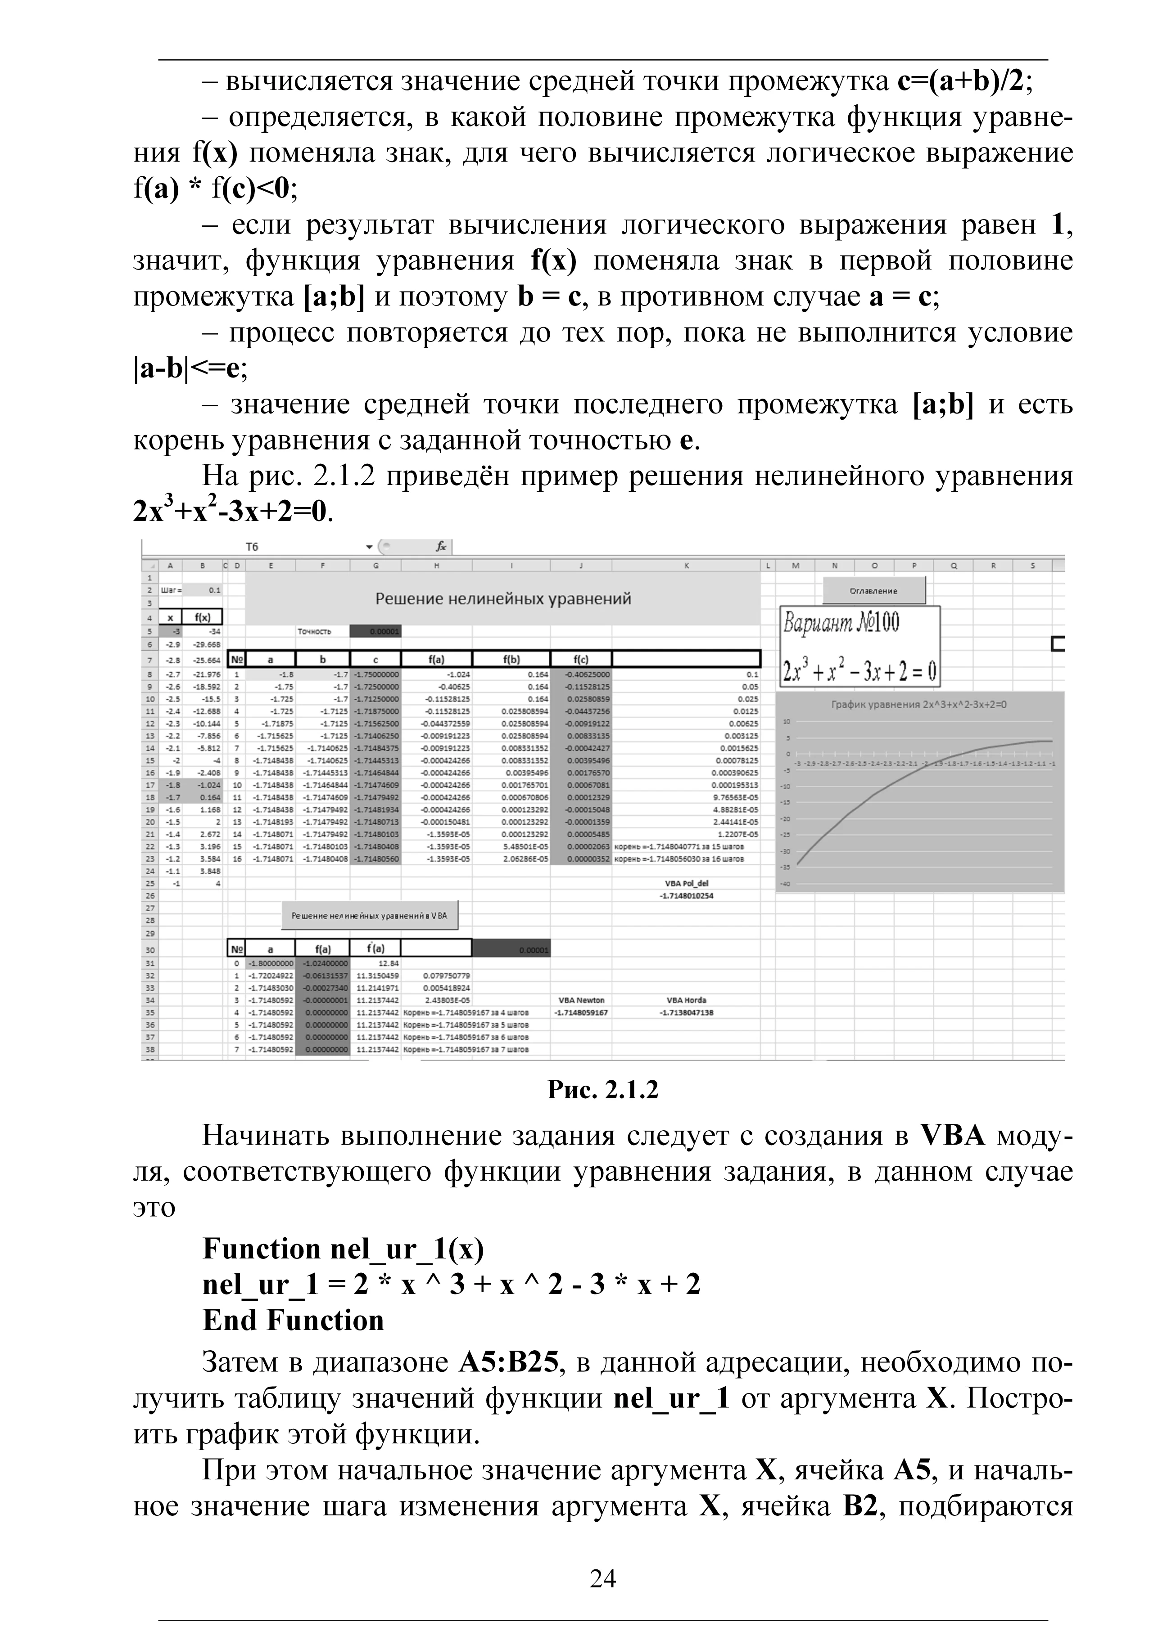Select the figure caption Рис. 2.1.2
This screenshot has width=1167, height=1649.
pyautogui.click(x=602, y=1090)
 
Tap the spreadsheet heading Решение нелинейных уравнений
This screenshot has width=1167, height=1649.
pyautogui.click(x=503, y=598)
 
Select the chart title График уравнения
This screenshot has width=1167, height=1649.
pyautogui.click(x=919, y=705)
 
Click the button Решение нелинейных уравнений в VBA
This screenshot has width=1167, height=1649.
pyautogui.click(x=369, y=916)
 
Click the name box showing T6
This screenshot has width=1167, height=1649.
pyautogui.click(x=252, y=547)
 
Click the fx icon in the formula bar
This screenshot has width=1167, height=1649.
pyautogui.click(x=440, y=547)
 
